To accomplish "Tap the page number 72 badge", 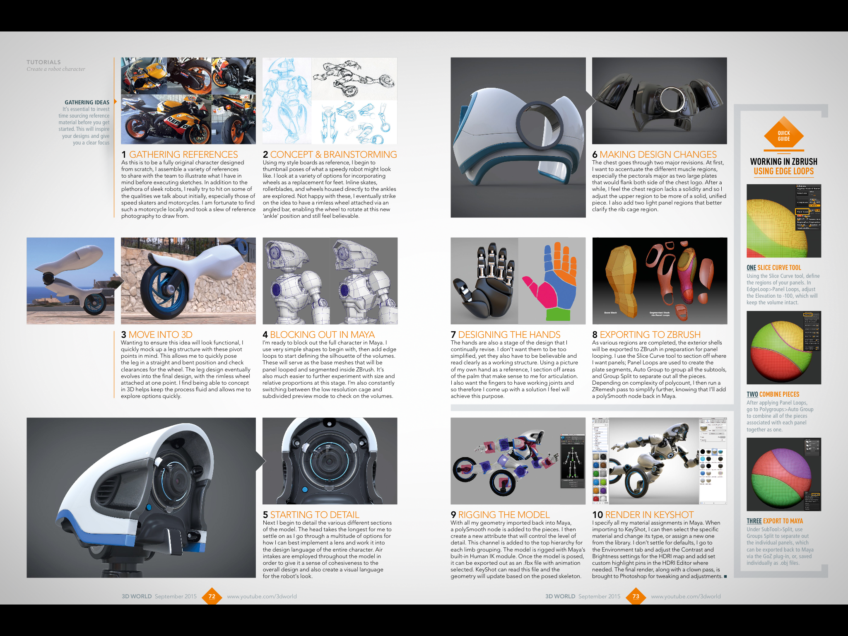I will pyautogui.click(x=212, y=596).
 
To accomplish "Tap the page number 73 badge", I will pyautogui.click(x=636, y=596).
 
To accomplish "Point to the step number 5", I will pyautogui.click(x=265, y=515).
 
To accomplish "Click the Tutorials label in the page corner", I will pyautogui.click(x=43, y=62).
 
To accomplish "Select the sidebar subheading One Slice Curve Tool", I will pyautogui.click(x=773, y=267).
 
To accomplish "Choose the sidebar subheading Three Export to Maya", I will pyautogui.click(x=774, y=521).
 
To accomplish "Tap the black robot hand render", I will pyautogui.click(x=484, y=282).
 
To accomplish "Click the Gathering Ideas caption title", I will pyautogui.click(x=87, y=102).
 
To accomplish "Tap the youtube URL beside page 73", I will pyautogui.click(x=686, y=596).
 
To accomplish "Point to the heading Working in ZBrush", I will pyautogui.click(x=783, y=161).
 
